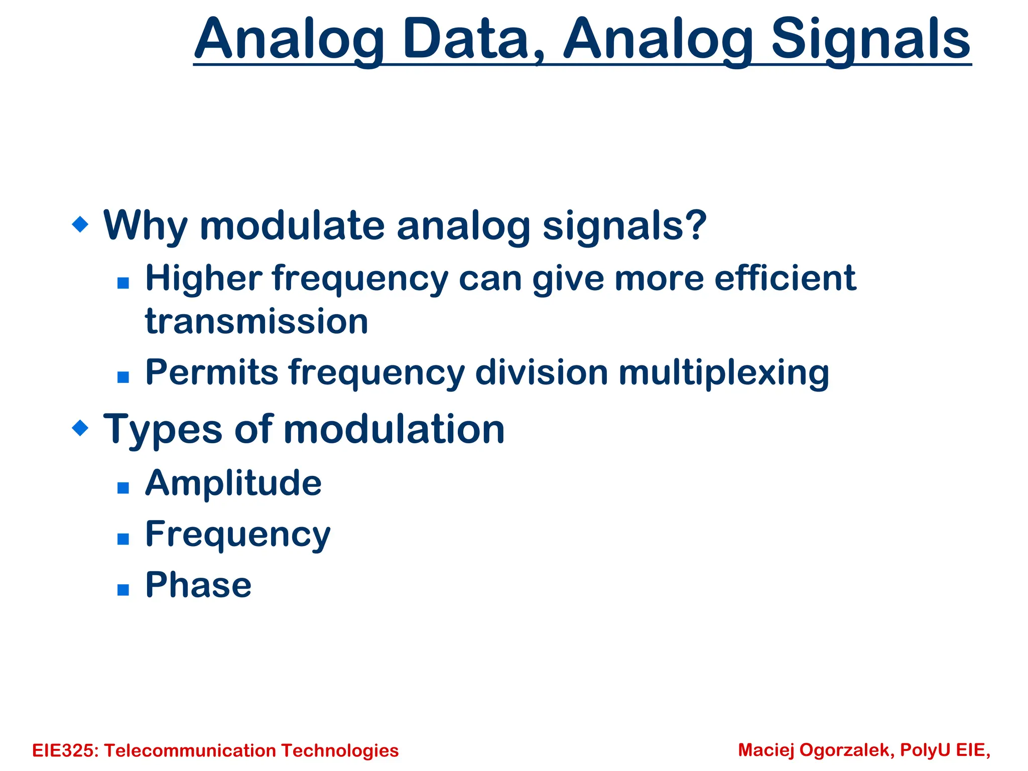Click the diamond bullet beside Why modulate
(x=80, y=224)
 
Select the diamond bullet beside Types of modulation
(x=80, y=428)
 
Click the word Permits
(x=211, y=372)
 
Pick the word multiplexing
(x=723, y=372)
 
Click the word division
(x=542, y=372)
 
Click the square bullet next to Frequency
(x=123, y=539)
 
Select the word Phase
(x=198, y=585)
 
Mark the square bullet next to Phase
(x=123, y=589)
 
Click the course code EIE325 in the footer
(x=65, y=750)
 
